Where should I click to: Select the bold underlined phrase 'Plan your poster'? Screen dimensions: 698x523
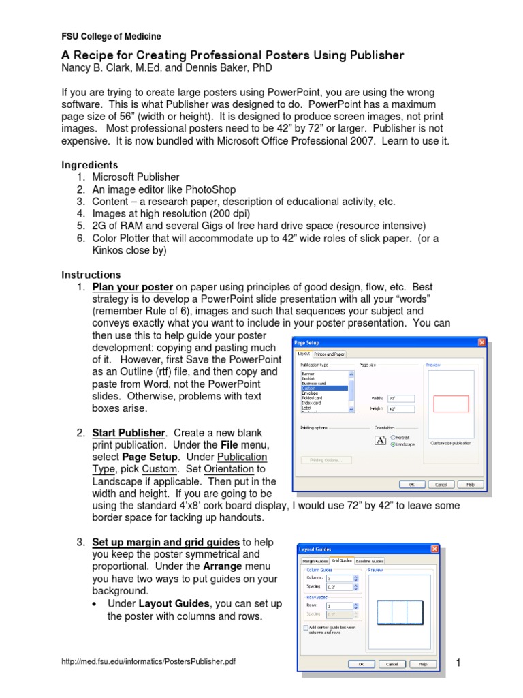coord(132,287)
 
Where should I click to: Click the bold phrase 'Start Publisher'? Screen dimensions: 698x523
coord(129,433)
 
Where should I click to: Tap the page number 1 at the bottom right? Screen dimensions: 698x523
coord(458,663)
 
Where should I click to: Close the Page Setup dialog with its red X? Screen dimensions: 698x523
coord(481,342)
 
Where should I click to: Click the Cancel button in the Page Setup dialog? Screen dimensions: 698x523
coord(441,484)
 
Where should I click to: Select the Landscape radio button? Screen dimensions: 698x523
coord(394,444)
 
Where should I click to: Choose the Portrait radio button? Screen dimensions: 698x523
coord(394,437)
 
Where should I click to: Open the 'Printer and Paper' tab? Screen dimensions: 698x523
coord(330,354)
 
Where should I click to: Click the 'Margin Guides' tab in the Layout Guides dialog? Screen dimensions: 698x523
coord(315,560)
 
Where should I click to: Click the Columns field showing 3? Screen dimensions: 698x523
coord(338,577)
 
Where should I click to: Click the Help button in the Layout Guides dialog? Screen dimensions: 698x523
coord(422,663)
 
